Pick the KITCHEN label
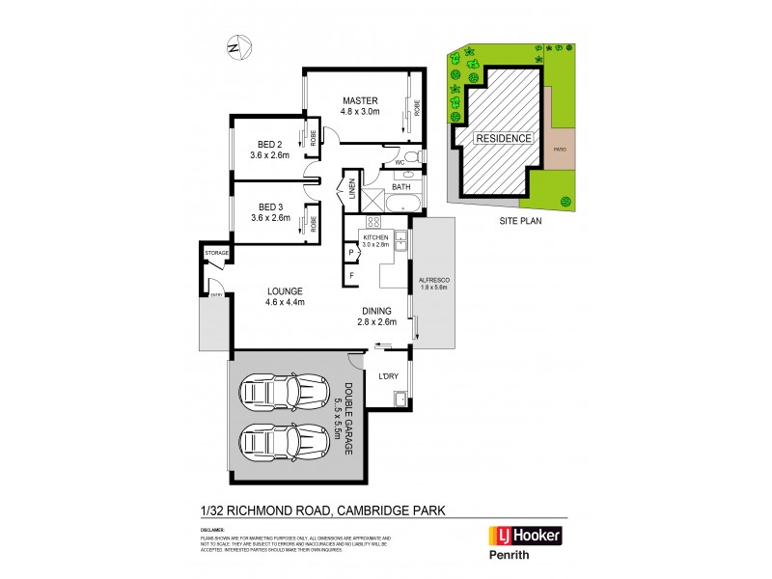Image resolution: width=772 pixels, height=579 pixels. [374, 236]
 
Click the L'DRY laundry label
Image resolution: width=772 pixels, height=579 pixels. [389, 375]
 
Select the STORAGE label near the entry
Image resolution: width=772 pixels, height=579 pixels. [216, 253]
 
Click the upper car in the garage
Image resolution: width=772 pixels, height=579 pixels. [284, 393]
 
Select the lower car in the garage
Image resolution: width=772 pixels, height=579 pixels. [284, 445]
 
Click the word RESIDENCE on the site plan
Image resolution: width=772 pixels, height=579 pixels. [504, 138]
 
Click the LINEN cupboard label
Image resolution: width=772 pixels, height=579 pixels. [353, 186]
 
